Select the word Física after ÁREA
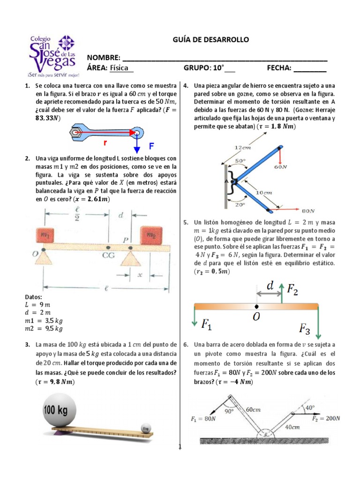(121, 68)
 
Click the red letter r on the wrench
(106, 141)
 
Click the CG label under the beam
(108, 256)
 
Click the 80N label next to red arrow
(307, 211)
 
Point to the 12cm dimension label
(243, 147)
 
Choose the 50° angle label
(240, 161)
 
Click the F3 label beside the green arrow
(305, 328)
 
